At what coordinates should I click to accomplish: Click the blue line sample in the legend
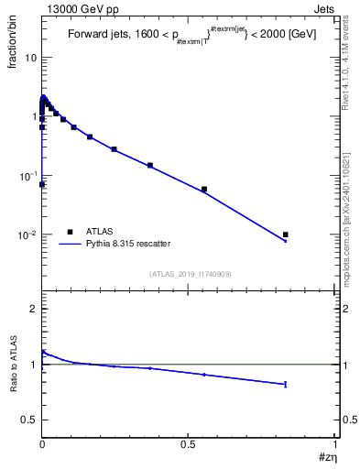pos(70,244)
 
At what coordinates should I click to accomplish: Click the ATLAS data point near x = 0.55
pos(204,190)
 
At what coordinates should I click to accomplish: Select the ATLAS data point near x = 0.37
pos(150,166)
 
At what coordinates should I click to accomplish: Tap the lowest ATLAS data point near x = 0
pos(42,184)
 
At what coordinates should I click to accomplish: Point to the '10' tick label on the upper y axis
pos(30,58)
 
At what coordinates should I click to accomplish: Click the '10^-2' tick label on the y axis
pos(27,235)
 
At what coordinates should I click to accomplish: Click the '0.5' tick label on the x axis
pos(188,444)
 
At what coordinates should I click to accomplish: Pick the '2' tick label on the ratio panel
pos(33,310)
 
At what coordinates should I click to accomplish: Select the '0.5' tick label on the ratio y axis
pos(28,420)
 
